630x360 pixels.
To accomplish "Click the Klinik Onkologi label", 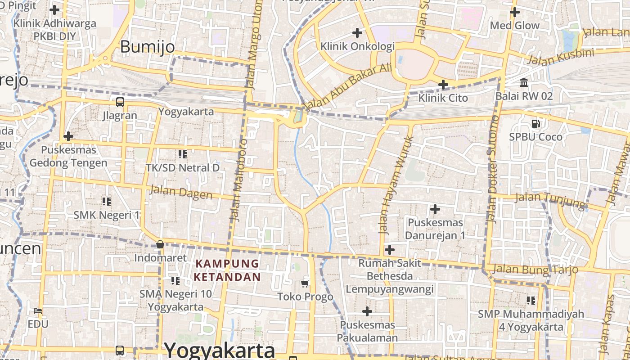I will [x=357, y=46].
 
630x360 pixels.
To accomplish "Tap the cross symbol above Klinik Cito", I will [x=443, y=84].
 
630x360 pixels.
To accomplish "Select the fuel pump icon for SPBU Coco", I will [x=535, y=123].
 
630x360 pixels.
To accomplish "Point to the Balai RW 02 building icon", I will [x=524, y=83].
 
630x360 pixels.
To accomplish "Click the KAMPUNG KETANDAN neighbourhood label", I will [x=227, y=270].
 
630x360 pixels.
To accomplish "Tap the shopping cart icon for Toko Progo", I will [x=305, y=283].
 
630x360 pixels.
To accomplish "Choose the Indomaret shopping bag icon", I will [x=160, y=244].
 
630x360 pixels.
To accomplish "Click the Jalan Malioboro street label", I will [x=239, y=180].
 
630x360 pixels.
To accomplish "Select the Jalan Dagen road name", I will [x=181, y=192].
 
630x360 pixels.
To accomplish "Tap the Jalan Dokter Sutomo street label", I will [x=493, y=169].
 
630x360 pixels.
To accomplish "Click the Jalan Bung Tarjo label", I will [x=535, y=270].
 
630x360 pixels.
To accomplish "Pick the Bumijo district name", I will [x=147, y=47].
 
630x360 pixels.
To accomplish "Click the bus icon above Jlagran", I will [x=120, y=102].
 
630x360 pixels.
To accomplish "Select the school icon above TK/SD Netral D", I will [x=182, y=154].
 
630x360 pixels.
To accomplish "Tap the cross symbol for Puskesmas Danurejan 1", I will [x=435, y=209].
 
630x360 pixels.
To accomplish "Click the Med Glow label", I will [x=514, y=26].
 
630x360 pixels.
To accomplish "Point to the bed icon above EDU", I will [x=38, y=310].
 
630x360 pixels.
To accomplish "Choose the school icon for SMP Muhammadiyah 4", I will [x=531, y=300].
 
